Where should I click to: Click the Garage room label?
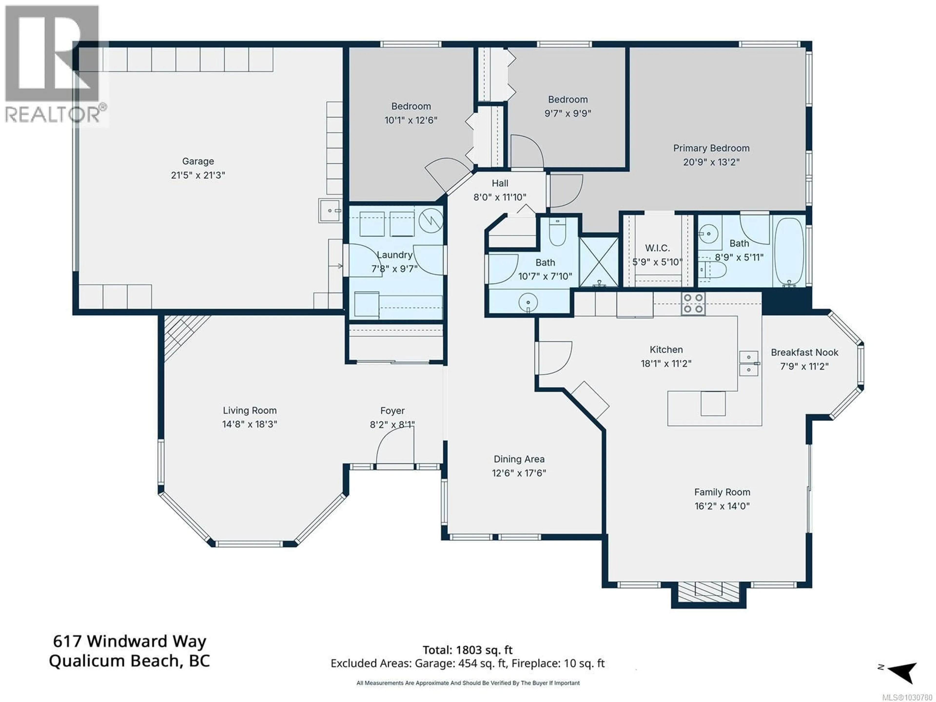click(198, 161)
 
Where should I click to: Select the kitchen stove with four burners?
click(693, 303)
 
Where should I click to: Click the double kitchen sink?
click(748, 363)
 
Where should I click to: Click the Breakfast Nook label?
click(804, 352)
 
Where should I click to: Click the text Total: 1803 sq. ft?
click(467, 650)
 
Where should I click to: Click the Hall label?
click(500, 183)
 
